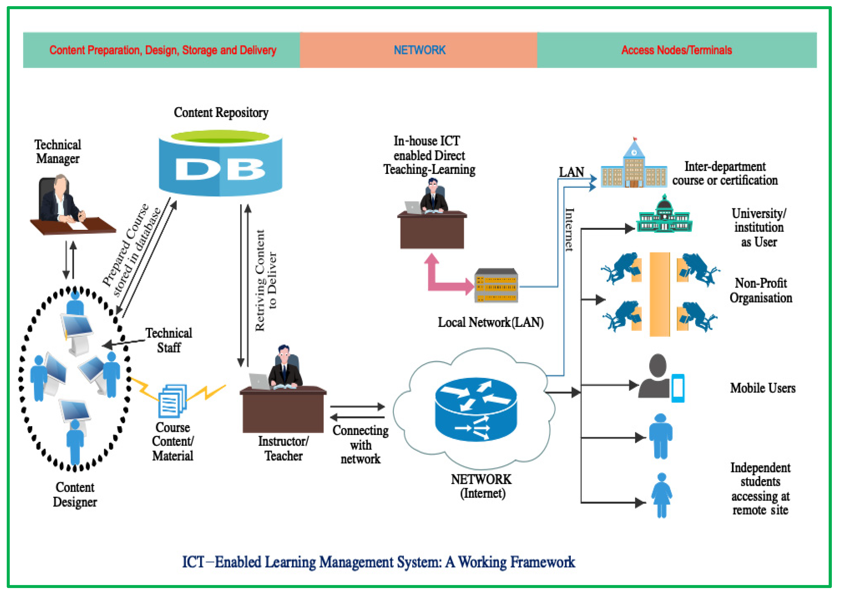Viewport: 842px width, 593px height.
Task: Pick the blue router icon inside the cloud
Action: pos(476,409)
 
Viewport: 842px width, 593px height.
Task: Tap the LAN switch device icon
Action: pos(496,286)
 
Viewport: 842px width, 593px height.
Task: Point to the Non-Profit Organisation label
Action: pos(761,290)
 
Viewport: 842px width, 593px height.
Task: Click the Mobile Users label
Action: pos(762,388)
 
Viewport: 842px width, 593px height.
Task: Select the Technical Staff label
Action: pos(169,340)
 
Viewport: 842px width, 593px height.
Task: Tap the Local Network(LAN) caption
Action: pos(490,322)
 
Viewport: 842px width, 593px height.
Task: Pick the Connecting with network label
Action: pos(361,444)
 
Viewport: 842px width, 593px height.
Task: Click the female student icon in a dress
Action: pos(662,495)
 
